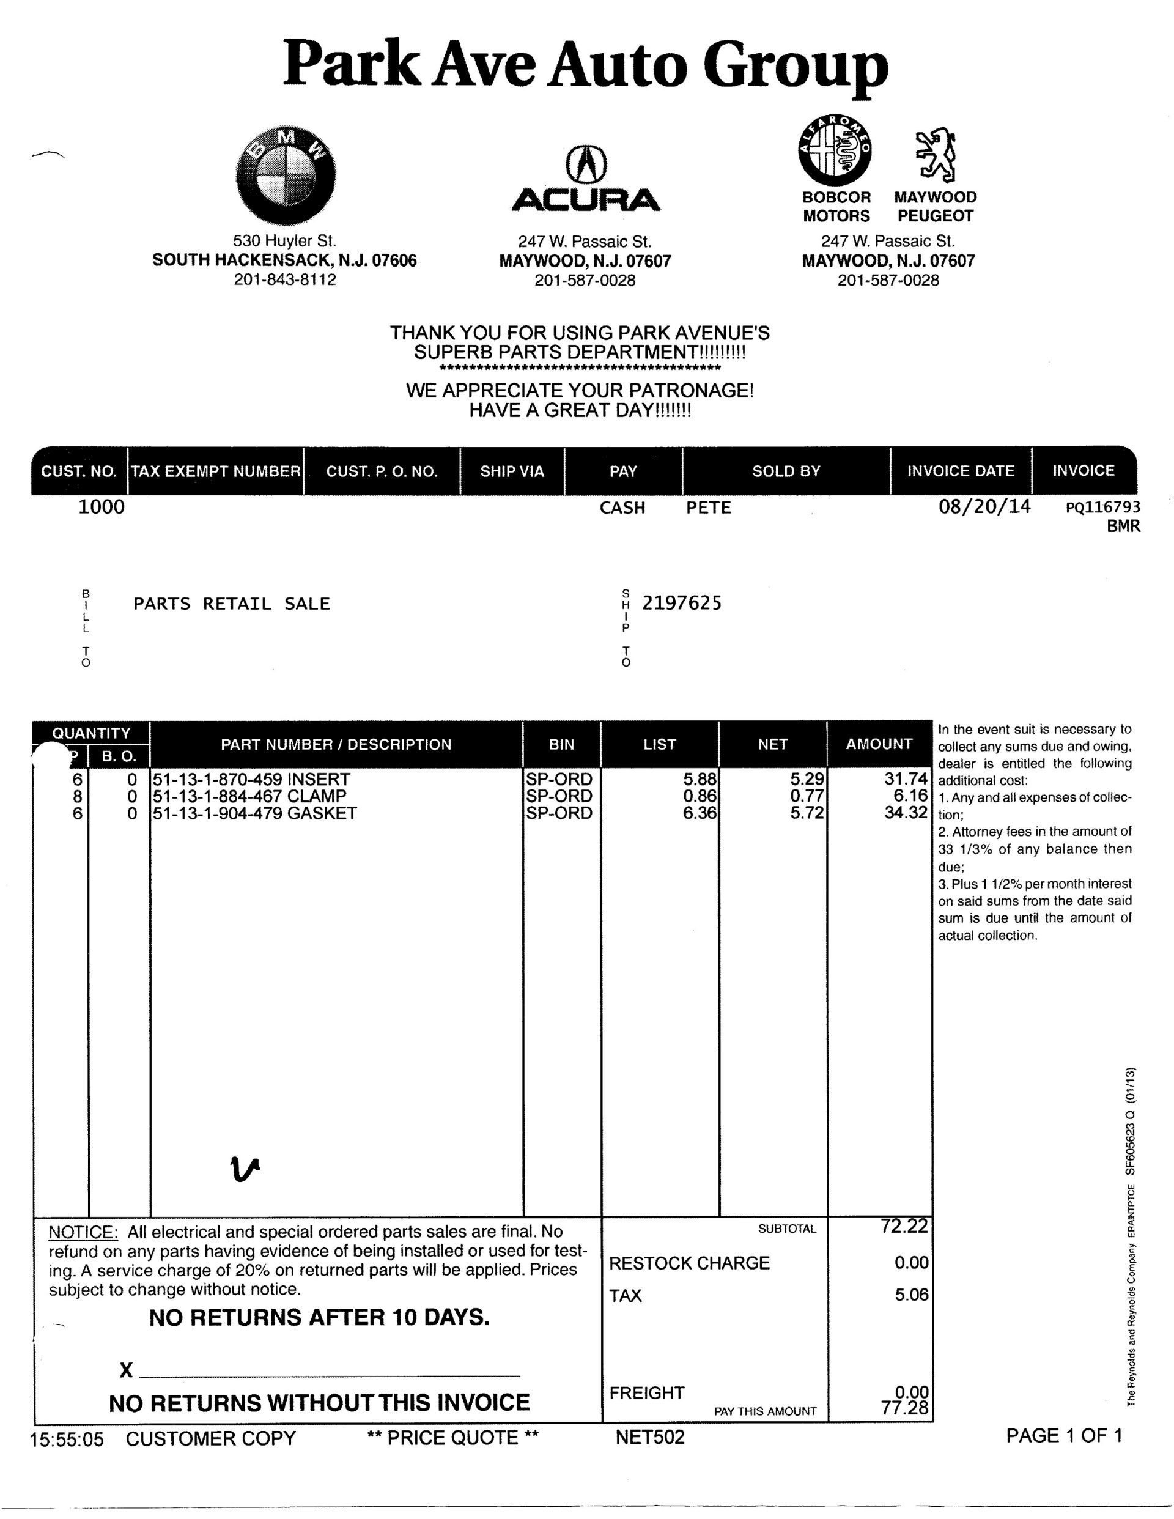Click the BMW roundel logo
click(x=286, y=176)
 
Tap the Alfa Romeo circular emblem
click(x=835, y=150)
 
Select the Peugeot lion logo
click(x=936, y=154)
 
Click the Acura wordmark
click(x=586, y=201)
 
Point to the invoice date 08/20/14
click(x=984, y=506)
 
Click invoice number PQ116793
click(x=1102, y=507)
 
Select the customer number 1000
click(x=102, y=507)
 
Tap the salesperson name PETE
click(x=709, y=508)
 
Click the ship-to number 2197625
click(x=682, y=603)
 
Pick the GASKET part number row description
click(x=254, y=813)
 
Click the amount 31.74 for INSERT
click(x=906, y=779)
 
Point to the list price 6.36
click(x=699, y=813)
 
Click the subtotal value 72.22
click(x=904, y=1226)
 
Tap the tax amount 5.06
click(x=911, y=1295)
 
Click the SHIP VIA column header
click(x=512, y=471)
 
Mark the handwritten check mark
click(x=244, y=1170)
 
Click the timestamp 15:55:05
click(x=67, y=1438)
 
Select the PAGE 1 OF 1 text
click(x=1064, y=1436)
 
